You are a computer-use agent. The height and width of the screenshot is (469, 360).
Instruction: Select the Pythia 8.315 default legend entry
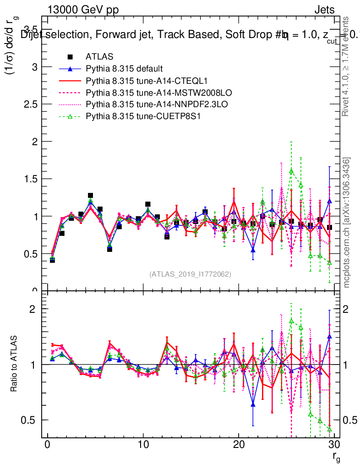[x=124, y=69]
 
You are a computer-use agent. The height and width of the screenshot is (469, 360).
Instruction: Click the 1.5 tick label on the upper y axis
[x=32, y=179]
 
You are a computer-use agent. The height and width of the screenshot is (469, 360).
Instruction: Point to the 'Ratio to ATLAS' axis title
[x=14, y=365]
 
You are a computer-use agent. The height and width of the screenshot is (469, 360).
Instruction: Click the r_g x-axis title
[x=336, y=458]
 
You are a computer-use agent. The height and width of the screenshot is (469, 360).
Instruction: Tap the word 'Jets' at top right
[x=324, y=10]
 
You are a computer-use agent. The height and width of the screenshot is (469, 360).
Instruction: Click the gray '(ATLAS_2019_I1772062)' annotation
[x=190, y=274]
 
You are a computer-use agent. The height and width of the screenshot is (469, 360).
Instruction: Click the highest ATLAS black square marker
[x=91, y=196]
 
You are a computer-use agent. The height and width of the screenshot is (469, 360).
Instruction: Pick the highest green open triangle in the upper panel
[x=291, y=171]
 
